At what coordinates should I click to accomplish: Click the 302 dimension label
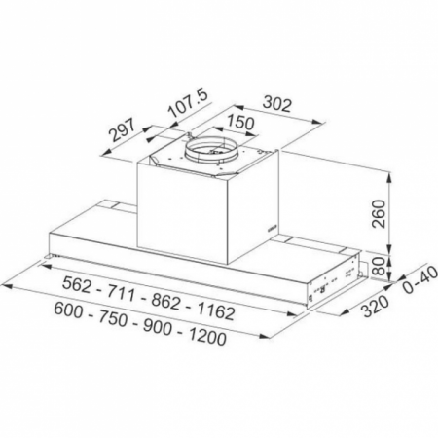(277, 104)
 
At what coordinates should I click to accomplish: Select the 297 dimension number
(122, 130)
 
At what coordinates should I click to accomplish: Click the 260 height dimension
(379, 214)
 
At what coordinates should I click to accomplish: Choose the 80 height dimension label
(379, 266)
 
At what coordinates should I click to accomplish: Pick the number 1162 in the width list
(216, 310)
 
